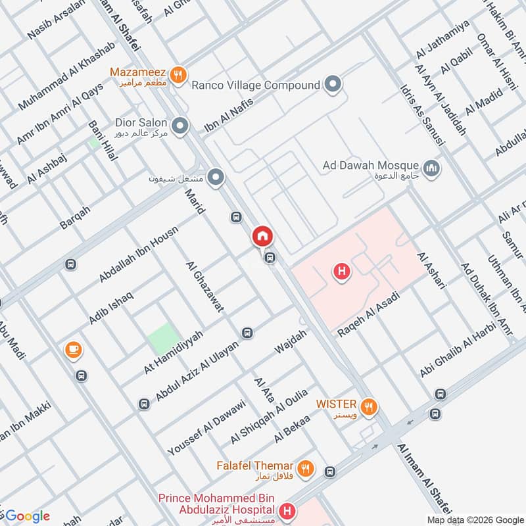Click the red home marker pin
[x=262, y=235]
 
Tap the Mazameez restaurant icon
[x=177, y=76]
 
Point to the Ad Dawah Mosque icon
[x=432, y=169]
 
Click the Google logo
[x=28, y=515]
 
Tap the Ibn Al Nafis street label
[x=227, y=114]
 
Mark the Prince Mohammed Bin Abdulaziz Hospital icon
[x=287, y=510]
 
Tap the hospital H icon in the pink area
[x=341, y=270]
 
